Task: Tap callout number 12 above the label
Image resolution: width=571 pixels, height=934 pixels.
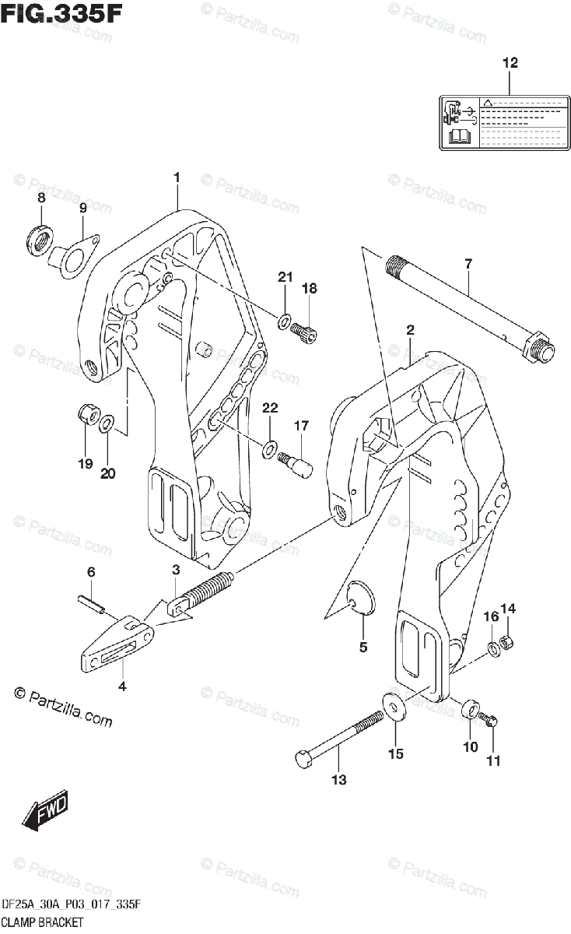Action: tap(510, 64)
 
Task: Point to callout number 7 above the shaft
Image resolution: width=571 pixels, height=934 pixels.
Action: tap(468, 265)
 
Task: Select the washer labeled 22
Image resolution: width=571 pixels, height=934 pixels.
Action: tap(269, 448)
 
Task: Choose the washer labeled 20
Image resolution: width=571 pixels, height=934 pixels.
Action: tap(108, 423)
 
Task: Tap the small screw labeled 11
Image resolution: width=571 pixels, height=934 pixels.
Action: tap(491, 721)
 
